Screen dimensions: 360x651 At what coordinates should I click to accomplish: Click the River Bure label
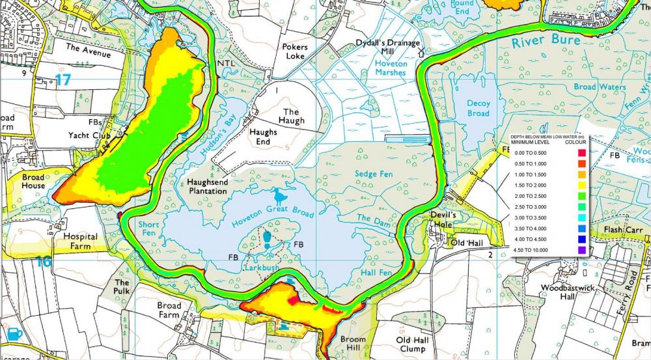coord(539,42)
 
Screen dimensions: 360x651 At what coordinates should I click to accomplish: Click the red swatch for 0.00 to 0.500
coord(581,152)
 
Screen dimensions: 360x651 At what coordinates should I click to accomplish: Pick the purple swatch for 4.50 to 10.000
coord(581,249)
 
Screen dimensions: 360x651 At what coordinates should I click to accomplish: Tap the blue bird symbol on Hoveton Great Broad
coord(281,195)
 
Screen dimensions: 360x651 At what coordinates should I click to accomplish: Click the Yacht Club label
coord(87,135)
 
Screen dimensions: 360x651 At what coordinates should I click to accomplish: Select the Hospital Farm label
coord(80,242)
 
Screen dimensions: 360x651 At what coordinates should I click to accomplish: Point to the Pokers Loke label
coord(294,51)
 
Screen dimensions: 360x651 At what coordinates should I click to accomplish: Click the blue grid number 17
coord(62,80)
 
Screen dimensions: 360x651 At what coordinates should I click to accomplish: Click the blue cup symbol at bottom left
coord(16,333)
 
